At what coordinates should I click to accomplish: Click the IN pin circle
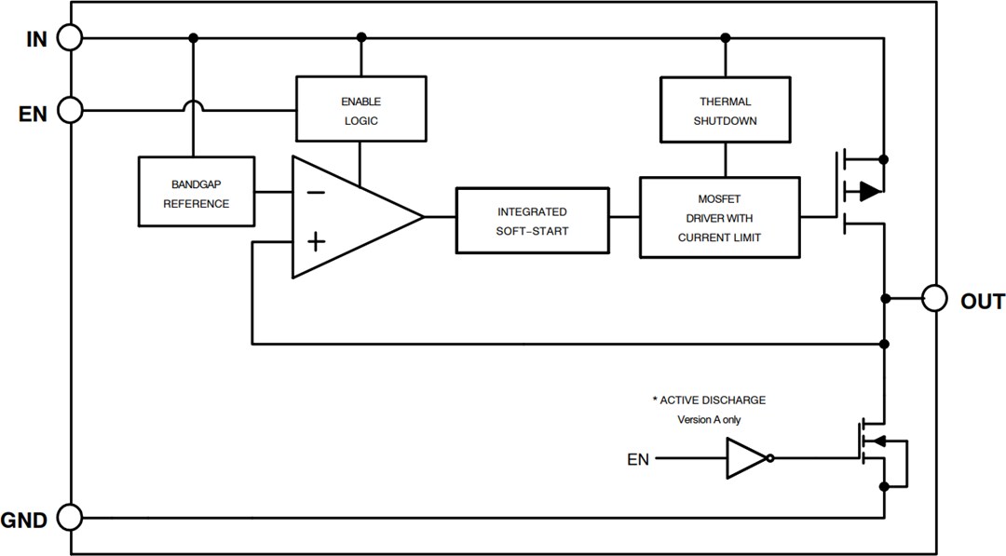pos(70,37)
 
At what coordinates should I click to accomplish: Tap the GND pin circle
pos(70,517)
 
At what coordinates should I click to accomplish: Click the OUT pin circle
pos(934,299)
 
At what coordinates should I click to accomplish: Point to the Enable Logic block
pos(360,111)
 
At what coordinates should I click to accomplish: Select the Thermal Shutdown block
pos(726,111)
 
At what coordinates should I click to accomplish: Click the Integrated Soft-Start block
pos(532,221)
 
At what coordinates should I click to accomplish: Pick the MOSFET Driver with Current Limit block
pos(719,218)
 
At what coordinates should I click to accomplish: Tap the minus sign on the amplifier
pos(317,193)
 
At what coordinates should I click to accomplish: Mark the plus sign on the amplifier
pos(317,242)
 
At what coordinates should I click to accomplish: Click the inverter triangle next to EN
pos(747,458)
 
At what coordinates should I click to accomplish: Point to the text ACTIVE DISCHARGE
pos(709,400)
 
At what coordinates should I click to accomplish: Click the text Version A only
pos(709,419)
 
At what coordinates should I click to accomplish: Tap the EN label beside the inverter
pos(639,459)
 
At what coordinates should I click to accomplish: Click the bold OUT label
pos(982,302)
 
